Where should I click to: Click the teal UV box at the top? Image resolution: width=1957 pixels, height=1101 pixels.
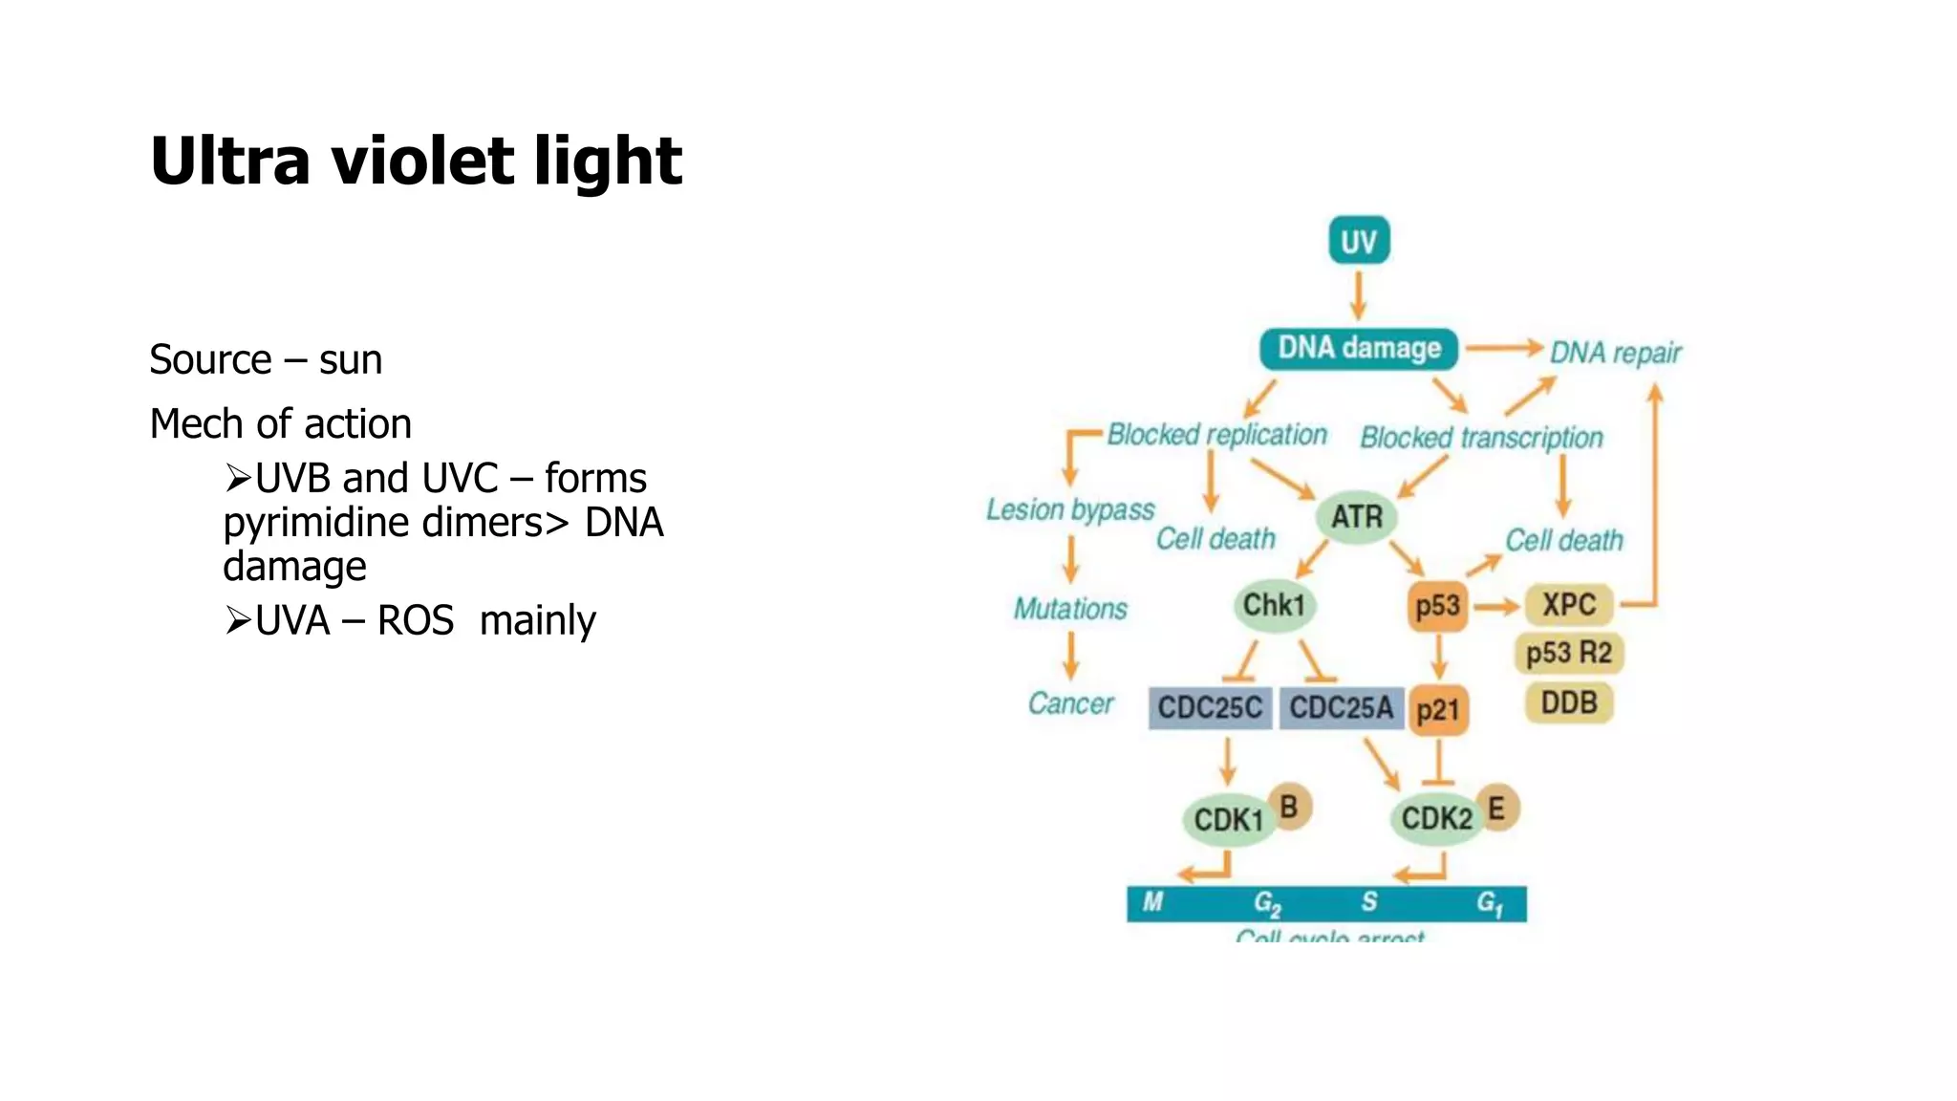coord(1358,241)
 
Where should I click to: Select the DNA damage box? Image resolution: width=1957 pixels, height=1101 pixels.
coord(1358,348)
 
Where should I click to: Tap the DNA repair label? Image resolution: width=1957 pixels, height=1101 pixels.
coord(1615,353)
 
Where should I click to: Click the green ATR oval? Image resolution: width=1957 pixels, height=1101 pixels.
coord(1357,517)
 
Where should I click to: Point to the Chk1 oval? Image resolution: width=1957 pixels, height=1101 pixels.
coord(1274,605)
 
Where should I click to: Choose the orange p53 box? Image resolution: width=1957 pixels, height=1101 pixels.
coord(1437,606)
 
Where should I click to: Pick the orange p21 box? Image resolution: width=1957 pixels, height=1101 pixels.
coord(1437,710)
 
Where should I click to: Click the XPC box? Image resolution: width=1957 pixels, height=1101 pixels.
coord(1569,604)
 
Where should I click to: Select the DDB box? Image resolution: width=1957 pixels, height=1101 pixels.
coord(1569,702)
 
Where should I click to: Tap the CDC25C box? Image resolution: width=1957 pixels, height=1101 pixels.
coord(1210,708)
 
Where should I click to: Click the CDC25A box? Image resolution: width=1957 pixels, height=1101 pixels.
coord(1341,708)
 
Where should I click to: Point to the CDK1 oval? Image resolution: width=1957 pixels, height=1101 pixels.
coord(1229,819)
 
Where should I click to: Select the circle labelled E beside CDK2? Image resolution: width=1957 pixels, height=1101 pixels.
coord(1496,809)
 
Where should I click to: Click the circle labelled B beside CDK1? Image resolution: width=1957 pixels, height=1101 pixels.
coord(1289,808)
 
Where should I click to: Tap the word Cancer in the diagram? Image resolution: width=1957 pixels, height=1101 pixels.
coord(1070,703)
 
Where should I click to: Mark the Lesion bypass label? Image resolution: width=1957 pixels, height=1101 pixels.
coord(1070,509)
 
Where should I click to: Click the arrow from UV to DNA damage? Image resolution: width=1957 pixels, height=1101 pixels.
coord(1358,294)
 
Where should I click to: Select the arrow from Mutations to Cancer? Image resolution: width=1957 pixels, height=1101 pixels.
coord(1071,656)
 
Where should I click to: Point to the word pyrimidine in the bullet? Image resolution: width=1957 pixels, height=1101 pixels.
coord(303,523)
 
